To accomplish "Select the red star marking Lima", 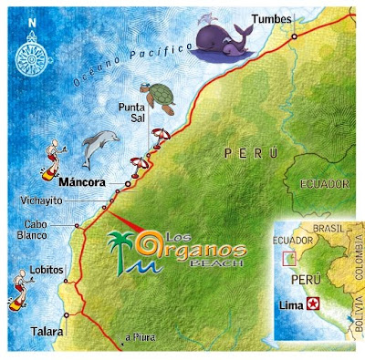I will click(314, 303).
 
